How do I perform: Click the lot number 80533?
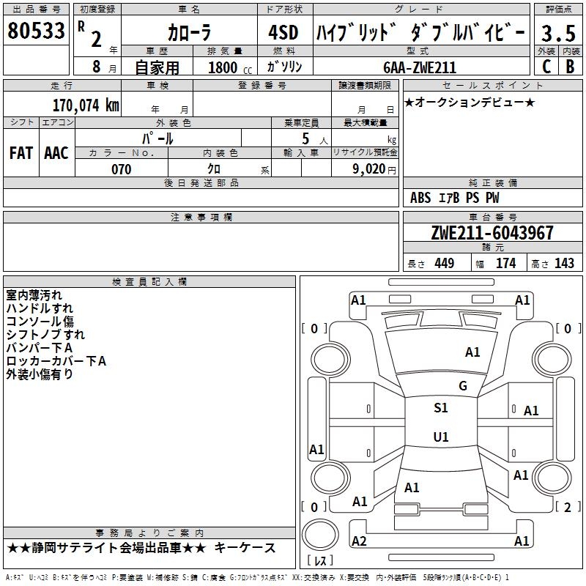(x=36, y=31)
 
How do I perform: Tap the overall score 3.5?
(x=557, y=33)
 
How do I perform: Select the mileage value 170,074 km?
(x=85, y=105)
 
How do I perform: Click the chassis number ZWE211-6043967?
(x=492, y=234)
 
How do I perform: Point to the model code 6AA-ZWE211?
(x=420, y=67)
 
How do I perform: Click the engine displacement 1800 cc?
(x=228, y=67)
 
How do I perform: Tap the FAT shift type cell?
(x=21, y=153)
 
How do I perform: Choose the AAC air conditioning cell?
(x=56, y=153)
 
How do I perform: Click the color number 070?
(x=121, y=169)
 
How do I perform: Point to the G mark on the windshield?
(x=463, y=386)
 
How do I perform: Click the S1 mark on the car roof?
(x=441, y=408)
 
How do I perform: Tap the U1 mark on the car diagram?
(x=441, y=437)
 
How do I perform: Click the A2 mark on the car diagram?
(x=359, y=541)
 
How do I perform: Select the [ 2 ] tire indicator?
(x=566, y=507)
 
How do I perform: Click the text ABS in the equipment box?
(x=420, y=198)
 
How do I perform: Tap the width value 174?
(x=505, y=264)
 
